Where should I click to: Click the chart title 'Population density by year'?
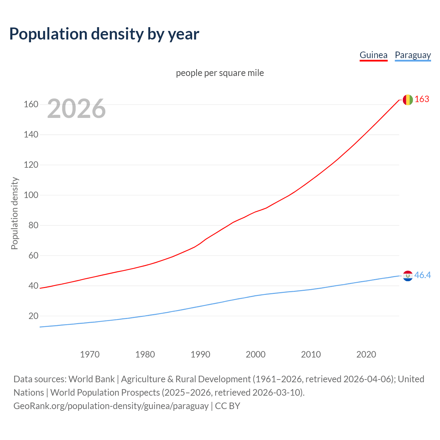click(104, 34)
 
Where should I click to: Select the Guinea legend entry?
click(373, 55)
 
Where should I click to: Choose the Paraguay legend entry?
click(412, 55)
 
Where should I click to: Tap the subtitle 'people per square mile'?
click(220, 73)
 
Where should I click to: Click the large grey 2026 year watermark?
click(76, 109)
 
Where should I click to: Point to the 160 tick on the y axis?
click(31, 104)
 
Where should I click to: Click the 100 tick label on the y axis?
click(31, 195)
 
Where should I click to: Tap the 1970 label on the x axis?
click(90, 354)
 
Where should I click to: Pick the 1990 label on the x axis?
click(200, 354)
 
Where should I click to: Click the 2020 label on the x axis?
click(366, 354)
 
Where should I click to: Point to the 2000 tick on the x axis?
click(256, 354)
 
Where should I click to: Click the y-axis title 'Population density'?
click(14, 213)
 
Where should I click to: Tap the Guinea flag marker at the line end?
click(408, 100)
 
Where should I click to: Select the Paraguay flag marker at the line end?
click(408, 276)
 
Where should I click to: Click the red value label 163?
click(422, 99)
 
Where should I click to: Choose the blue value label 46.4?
click(422, 275)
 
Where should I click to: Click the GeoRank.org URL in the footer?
click(111, 406)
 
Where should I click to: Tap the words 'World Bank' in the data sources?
click(91, 379)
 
